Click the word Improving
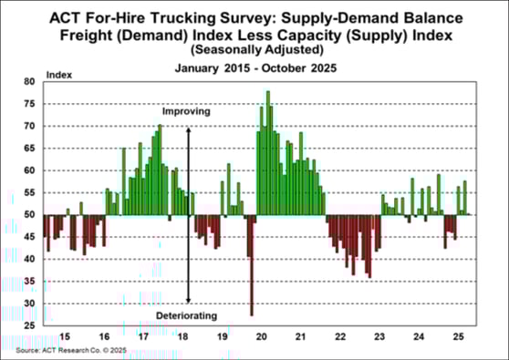[x=187, y=112]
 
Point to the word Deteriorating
[x=187, y=315]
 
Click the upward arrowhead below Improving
[x=187, y=129]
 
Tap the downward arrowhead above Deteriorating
[x=187, y=301]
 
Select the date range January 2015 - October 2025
[x=256, y=67]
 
